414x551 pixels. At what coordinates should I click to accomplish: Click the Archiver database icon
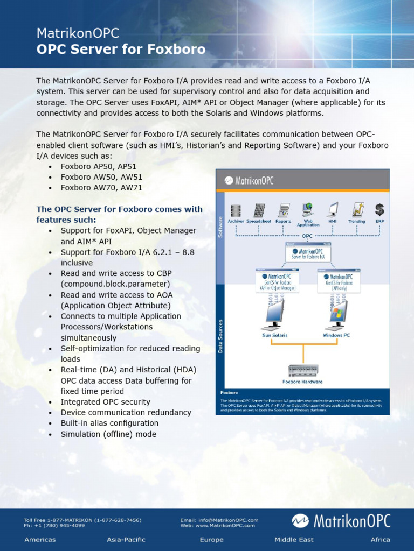click(x=236, y=210)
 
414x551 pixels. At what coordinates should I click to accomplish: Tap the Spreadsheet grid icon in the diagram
click(x=259, y=210)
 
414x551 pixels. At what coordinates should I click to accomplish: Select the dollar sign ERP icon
click(x=379, y=210)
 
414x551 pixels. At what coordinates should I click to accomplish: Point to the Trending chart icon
click(x=357, y=210)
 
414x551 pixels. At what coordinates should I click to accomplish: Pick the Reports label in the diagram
click(x=283, y=221)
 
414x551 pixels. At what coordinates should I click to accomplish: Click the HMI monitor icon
click(x=333, y=210)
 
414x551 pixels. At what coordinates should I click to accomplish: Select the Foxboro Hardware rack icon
click(x=303, y=370)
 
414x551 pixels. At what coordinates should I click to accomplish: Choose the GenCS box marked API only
click(x=339, y=281)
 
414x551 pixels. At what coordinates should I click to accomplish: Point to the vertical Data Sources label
click(x=220, y=336)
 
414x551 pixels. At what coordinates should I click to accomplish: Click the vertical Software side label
click(x=220, y=226)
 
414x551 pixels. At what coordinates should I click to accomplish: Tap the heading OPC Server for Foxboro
click(x=121, y=50)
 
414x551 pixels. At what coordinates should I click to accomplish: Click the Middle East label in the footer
click(x=294, y=540)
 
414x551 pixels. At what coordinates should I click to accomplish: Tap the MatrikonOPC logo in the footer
click(x=341, y=521)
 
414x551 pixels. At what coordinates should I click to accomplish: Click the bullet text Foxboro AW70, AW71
click(x=101, y=188)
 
